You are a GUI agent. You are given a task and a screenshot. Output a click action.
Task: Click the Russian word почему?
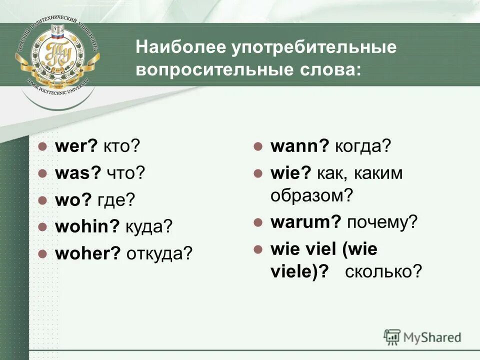coord(381,222)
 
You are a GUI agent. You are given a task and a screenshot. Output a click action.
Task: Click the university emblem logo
coord(57,55)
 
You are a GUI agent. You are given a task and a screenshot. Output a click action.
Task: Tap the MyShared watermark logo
coord(422,336)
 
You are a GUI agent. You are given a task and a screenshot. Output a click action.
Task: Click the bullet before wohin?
coord(43,226)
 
